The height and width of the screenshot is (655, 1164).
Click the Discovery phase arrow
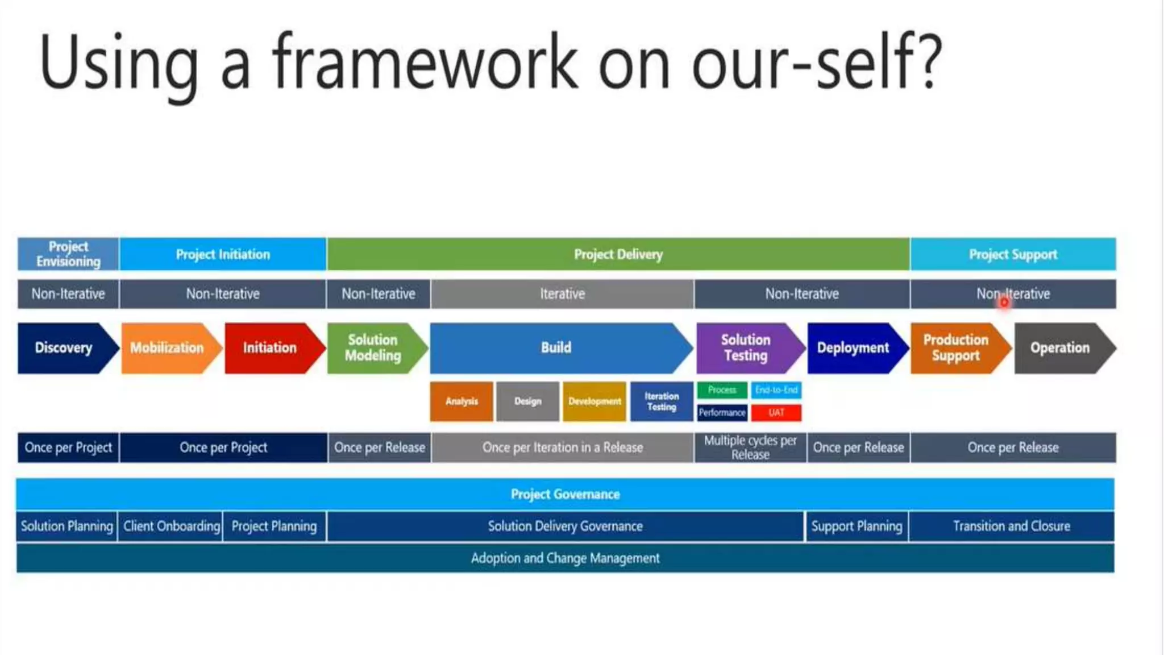[64, 348]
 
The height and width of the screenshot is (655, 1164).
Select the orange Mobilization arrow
[167, 348]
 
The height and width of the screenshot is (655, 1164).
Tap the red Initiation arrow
[270, 348]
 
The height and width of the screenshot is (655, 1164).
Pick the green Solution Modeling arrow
[373, 348]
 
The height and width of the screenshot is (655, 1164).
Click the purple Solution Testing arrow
[746, 348]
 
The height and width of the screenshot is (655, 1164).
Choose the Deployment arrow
[853, 348]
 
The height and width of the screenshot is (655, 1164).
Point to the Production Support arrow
[956, 348]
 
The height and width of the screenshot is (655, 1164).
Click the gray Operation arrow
[1060, 348]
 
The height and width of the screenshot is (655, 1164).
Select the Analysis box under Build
[462, 401]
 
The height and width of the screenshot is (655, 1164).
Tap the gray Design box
[527, 401]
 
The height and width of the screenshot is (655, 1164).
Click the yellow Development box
[595, 401]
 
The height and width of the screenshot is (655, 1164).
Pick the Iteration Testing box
[662, 401]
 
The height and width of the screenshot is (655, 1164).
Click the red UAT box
[776, 413]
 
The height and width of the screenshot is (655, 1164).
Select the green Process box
[722, 390]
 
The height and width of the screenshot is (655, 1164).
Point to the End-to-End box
[776, 390]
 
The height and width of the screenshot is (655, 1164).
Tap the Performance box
[722, 413]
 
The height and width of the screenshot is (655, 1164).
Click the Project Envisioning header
[68, 254]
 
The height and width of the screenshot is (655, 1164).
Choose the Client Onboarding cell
[171, 527]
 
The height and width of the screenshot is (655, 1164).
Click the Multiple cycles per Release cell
[750, 447]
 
